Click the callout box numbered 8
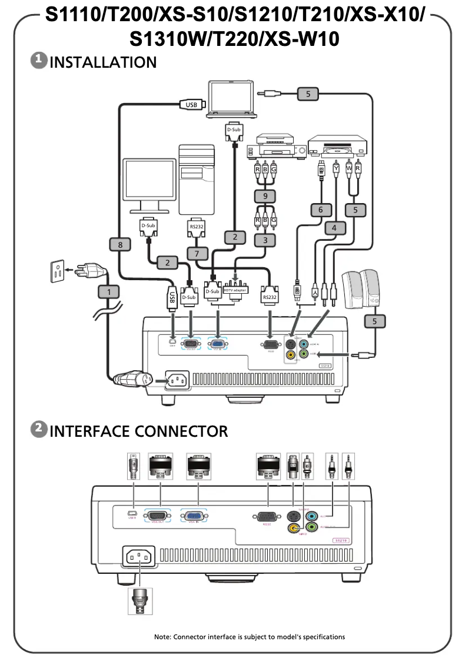pos(120,244)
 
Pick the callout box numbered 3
pos(265,240)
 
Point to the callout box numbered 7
pos(195,253)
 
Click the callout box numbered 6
pos(321,210)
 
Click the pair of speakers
pos(363,288)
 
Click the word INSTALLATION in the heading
pos(103,62)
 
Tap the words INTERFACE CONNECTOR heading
pos(138,431)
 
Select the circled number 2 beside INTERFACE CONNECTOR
pos(38,430)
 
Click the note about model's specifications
pos(250,637)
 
